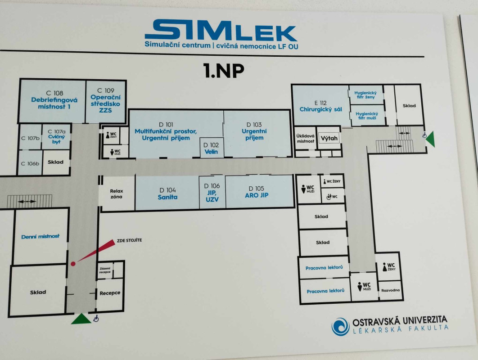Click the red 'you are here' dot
(73, 264)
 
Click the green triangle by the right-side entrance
(430, 139)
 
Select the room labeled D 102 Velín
(211, 148)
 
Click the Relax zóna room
(117, 193)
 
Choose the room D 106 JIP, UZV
(212, 192)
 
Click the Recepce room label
(110, 293)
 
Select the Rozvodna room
(390, 290)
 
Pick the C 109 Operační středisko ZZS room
(106, 101)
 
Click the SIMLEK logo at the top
(221, 30)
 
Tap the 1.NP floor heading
(224, 71)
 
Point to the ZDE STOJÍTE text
(129, 240)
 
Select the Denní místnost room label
(40, 236)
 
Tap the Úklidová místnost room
(305, 138)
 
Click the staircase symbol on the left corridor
(29, 201)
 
